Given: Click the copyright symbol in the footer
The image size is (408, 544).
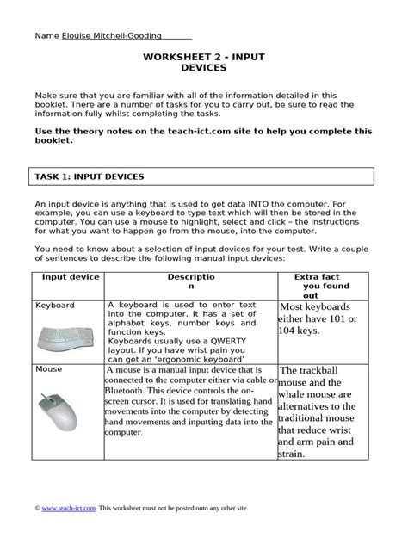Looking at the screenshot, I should coord(38,509).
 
